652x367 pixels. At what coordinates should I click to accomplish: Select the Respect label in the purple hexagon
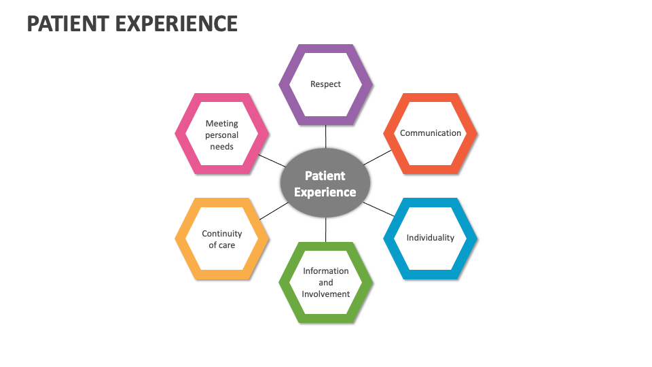tap(325, 84)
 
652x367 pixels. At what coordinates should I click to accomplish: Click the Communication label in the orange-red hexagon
tap(431, 133)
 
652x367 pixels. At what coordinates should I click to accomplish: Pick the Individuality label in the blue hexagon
tap(431, 238)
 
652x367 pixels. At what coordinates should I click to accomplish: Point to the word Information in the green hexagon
tap(325, 270)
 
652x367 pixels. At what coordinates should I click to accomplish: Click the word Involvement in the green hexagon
tap(325, 294)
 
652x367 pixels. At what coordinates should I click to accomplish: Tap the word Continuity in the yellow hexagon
tap(221, 234)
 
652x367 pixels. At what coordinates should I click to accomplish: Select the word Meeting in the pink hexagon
tap(222, 124)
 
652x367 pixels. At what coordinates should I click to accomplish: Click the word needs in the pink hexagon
tap(222, 147)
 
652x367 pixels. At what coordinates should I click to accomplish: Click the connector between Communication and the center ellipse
tap(378, 158)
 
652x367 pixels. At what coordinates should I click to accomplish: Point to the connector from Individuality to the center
tap(378, 209)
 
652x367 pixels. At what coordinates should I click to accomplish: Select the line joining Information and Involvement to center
tap(325, 230)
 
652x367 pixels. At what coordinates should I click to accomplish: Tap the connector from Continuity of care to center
tap(273, 211)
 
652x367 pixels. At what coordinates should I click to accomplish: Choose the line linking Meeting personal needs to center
tap(273, 160)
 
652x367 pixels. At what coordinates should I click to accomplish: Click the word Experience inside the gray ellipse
tap(325, 192)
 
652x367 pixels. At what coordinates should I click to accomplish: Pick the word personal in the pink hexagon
tap(222, 135)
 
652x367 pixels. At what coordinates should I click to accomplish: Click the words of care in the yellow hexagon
tap(221, 245)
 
